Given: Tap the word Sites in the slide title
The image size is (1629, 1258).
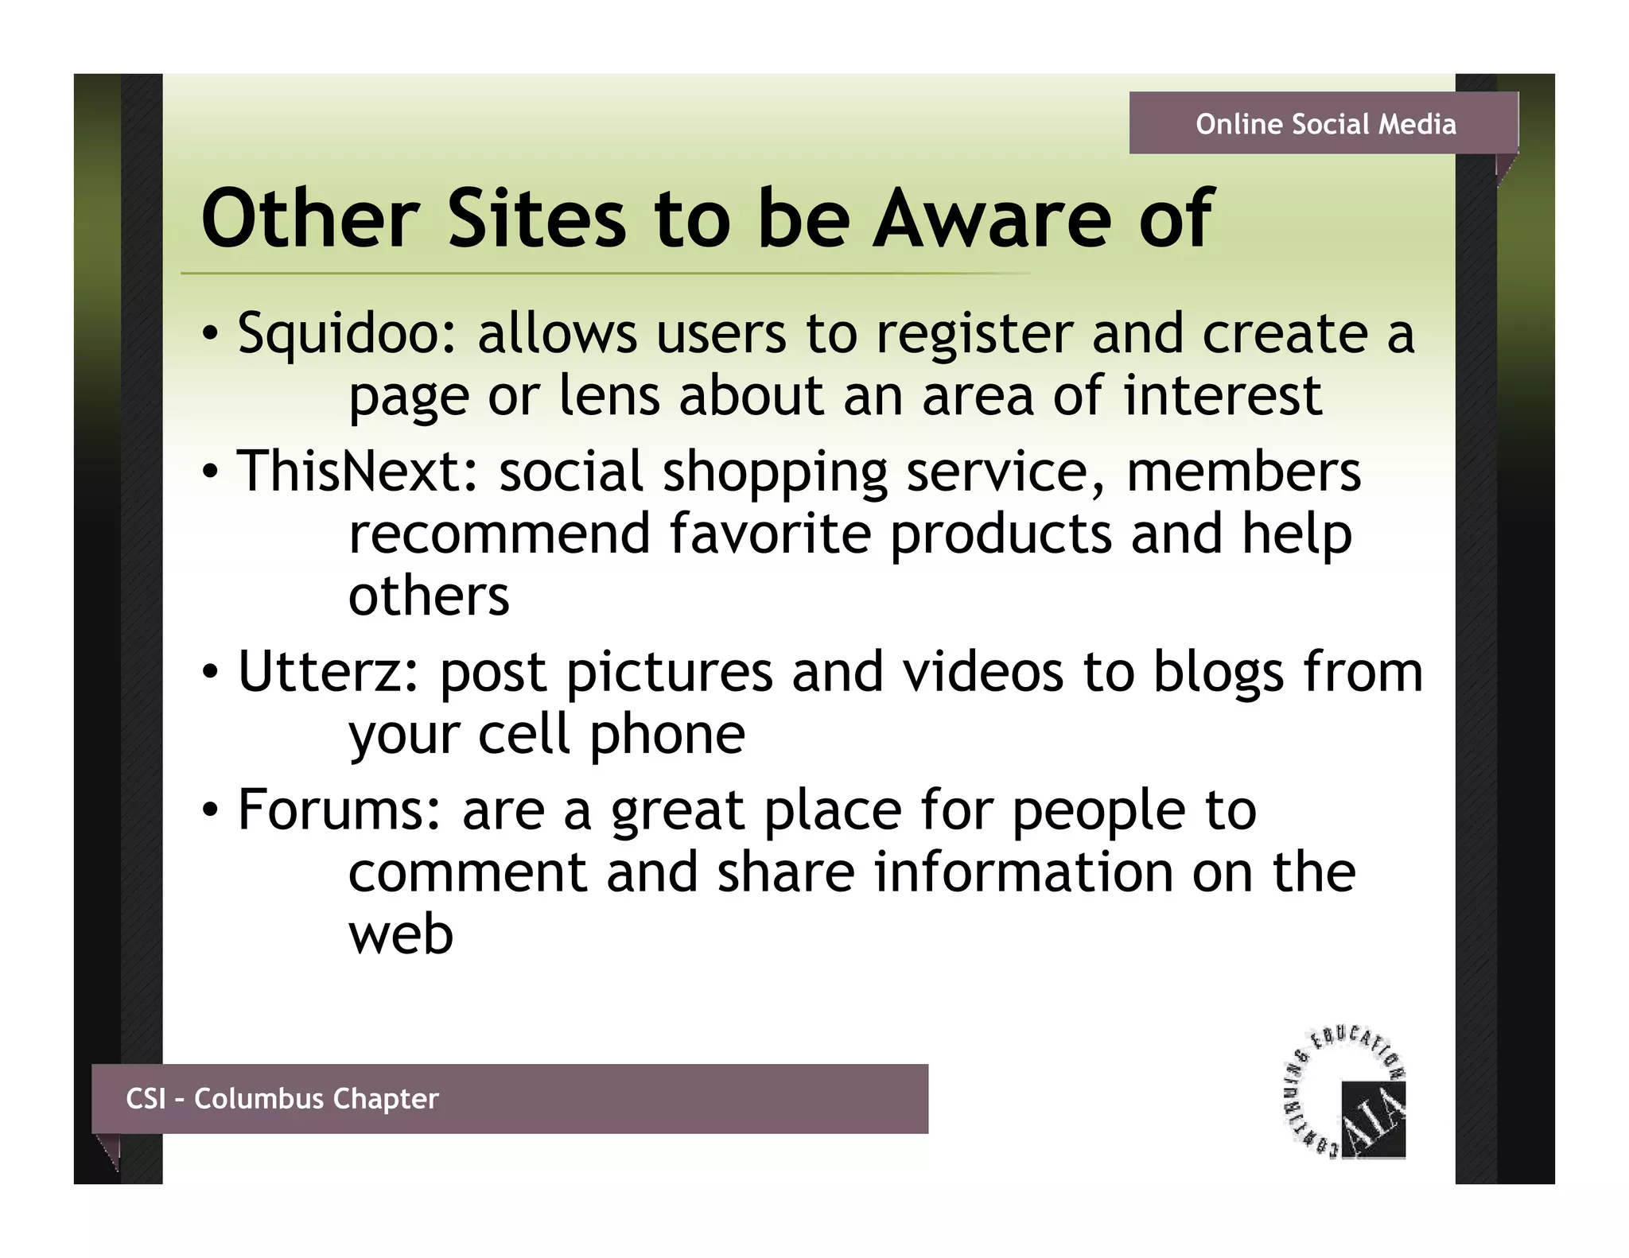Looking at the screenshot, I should click(538, 218).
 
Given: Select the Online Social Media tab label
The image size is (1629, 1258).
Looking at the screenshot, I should click(1325, 124).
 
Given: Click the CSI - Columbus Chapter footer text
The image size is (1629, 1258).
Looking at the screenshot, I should click(282, 1099).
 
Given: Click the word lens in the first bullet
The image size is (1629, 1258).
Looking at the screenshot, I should click(609, 396).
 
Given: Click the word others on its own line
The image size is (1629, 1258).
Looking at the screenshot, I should click(429, 596).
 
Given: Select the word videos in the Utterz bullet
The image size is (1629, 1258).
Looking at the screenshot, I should click(983, 673).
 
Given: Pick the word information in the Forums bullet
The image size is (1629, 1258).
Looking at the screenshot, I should click(1023, 872).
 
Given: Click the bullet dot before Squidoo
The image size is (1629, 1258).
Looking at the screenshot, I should click(209, 335).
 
